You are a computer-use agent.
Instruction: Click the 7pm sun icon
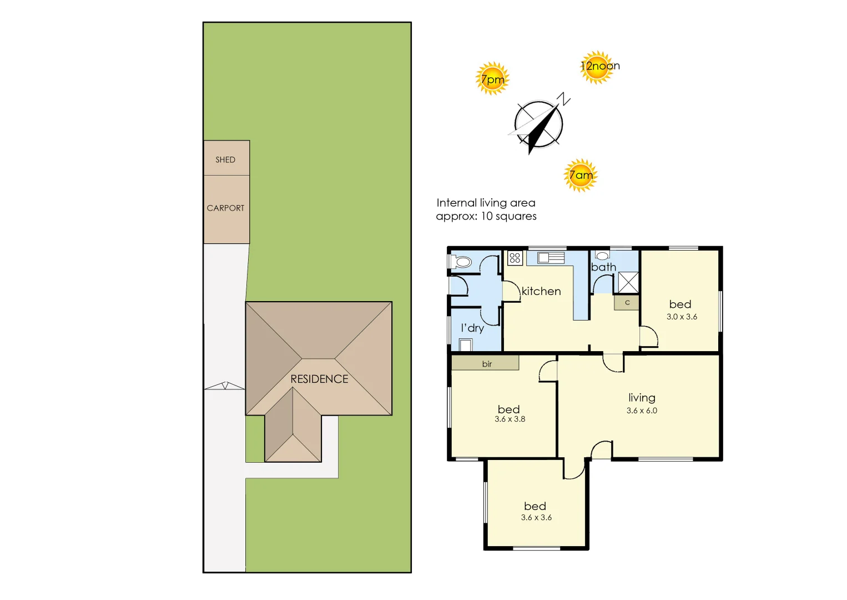coord(492,79)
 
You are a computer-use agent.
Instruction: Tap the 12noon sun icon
coord(597,67)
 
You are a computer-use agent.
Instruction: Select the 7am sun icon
coord(581,176)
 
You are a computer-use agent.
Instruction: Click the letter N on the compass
coord(564,100)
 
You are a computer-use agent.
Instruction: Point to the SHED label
coord(225,159)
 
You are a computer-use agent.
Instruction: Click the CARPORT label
coord(225,208)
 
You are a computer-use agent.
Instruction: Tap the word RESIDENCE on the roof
coord(319,379)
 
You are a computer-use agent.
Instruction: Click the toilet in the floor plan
coord(461,262)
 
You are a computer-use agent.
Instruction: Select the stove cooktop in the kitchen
coord(515,258)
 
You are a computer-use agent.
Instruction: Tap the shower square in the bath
coord(628,282)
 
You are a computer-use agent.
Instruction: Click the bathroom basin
coord(603,256)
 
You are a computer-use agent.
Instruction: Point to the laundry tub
coord(466,345)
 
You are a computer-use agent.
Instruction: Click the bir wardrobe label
coord(486,364)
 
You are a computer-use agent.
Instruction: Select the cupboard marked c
coord(627,303)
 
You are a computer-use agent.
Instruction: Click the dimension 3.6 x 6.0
coord(642,411)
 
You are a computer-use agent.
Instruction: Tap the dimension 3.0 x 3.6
coord(682,317)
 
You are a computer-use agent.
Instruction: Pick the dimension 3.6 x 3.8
coord(510,419)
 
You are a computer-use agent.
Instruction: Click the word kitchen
coord(541,291)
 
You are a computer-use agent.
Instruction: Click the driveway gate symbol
coord(225,386)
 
